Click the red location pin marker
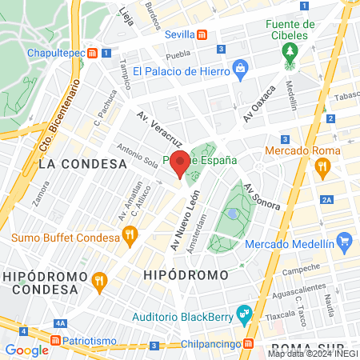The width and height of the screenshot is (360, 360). click(180, 162)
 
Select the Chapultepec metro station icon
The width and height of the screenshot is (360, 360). click(93, 53)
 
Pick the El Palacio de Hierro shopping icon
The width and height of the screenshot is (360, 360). click(239, 70)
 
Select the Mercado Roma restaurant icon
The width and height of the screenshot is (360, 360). click(323, 166)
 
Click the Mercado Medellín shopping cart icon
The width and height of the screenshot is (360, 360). click(345, 240)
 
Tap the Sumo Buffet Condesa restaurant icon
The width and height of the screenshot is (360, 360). click(128, 235)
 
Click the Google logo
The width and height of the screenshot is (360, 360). click(26, 350)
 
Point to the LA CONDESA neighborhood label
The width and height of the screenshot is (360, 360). click(82, 163)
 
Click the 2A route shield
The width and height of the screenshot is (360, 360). click(326, 199)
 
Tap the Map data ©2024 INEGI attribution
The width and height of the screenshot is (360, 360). click(312, 354)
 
